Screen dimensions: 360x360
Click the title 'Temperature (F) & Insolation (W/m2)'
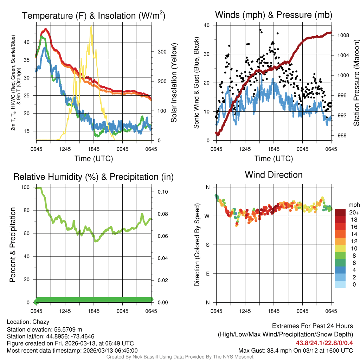point(94,15)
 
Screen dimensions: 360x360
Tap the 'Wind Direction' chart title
point(274,175)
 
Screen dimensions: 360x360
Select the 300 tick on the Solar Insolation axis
point(162,52)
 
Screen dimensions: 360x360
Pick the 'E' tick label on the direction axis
point(207,274)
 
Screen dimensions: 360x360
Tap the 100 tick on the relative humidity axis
point(30,187)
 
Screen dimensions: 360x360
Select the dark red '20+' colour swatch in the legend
point(340,212)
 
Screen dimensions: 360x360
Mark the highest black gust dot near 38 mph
point(260,30)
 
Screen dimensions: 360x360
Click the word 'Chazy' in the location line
point(41,322)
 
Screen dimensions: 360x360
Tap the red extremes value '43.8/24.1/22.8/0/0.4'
point(324,343)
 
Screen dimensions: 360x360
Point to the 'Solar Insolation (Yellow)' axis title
point(174,83)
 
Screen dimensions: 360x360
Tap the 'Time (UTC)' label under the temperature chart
point(94,159)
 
